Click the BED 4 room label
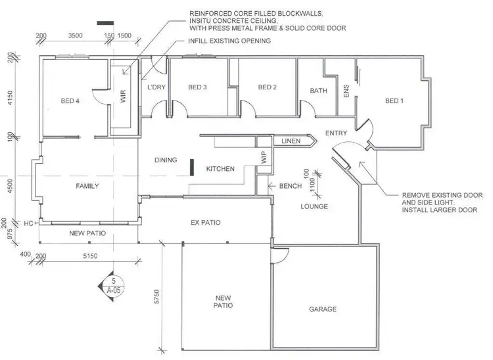[x=70, y=101]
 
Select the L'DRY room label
[x=154, y=87]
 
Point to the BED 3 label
[x=197, y=87]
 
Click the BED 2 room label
[x=267, y=87]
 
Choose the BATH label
[x=319, y=91]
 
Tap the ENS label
[x=347, y=91]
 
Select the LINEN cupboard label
[x=291, y=141]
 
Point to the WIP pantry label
[x=264, y=158]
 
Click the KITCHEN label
[x=220, y=169]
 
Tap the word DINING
[x=166, y=160]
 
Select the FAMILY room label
[x=87, y=186]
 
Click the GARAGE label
[x=323, y=309]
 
